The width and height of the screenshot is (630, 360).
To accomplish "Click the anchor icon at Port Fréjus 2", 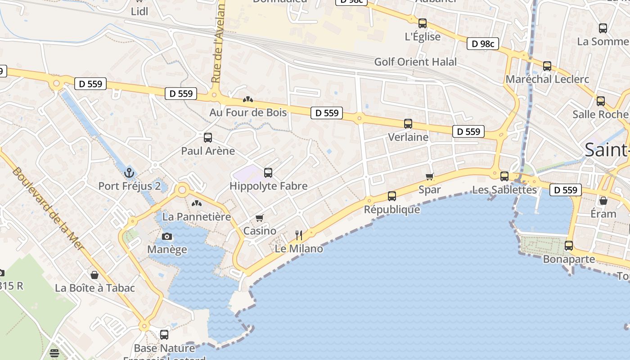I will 129,172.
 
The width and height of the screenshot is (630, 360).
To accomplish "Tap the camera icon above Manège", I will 167,236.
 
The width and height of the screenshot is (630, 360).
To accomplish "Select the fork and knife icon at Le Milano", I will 298,235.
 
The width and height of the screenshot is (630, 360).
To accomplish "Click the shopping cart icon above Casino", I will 259,218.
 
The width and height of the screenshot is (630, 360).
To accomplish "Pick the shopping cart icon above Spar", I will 430,176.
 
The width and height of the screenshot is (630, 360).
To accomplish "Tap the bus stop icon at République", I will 392,196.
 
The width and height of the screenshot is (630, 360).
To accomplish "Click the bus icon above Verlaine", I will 408,124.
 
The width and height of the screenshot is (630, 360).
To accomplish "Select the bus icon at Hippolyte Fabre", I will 268,172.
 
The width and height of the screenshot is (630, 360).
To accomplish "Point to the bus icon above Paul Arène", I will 208,138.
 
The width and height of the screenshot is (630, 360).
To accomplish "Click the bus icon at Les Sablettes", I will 504,176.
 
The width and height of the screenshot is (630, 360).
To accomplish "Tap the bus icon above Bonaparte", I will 569,246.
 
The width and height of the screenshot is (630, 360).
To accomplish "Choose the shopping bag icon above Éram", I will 603,200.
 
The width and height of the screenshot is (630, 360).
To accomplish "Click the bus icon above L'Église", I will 422,23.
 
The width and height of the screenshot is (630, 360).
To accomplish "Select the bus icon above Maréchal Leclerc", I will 547,66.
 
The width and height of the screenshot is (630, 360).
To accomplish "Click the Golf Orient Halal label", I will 415,62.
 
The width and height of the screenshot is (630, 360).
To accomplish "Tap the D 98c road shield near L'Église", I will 483,44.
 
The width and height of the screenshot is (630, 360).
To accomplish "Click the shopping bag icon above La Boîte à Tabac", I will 94,274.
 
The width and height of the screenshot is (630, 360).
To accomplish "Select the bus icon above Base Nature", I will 164,334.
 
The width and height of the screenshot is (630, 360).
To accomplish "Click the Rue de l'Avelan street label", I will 218,43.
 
